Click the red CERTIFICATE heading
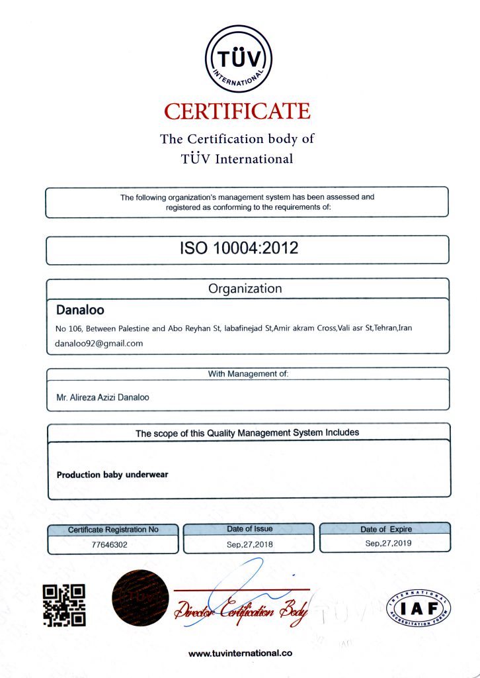237,111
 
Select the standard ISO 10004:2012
239,248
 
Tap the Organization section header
245,289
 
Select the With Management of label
248,374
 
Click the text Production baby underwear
112,475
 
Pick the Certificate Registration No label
113,530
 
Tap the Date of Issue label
249,529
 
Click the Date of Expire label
385,529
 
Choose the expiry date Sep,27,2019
386,543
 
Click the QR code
64,605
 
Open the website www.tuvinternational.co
240,653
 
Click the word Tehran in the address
386,328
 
